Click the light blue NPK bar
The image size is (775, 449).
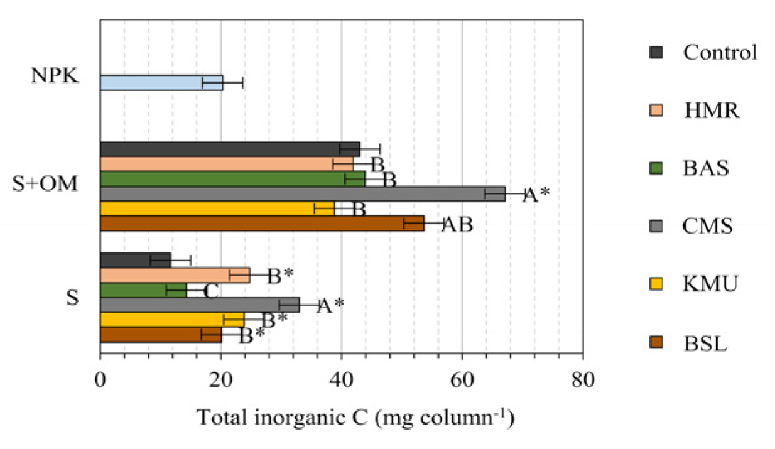coord(161,83)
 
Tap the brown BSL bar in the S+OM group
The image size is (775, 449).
coord(261,224)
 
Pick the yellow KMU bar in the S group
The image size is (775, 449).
coord(171,320)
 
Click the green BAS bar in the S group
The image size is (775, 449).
coord(143,290)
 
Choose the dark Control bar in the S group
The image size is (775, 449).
coord(134,260)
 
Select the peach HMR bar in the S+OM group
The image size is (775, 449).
coord(226,164)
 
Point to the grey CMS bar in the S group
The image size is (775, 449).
coord(199,305)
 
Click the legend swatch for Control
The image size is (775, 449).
coord(655,51)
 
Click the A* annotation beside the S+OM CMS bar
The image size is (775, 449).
coord(536,195)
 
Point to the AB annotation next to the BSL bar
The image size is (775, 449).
coord(457,225)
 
